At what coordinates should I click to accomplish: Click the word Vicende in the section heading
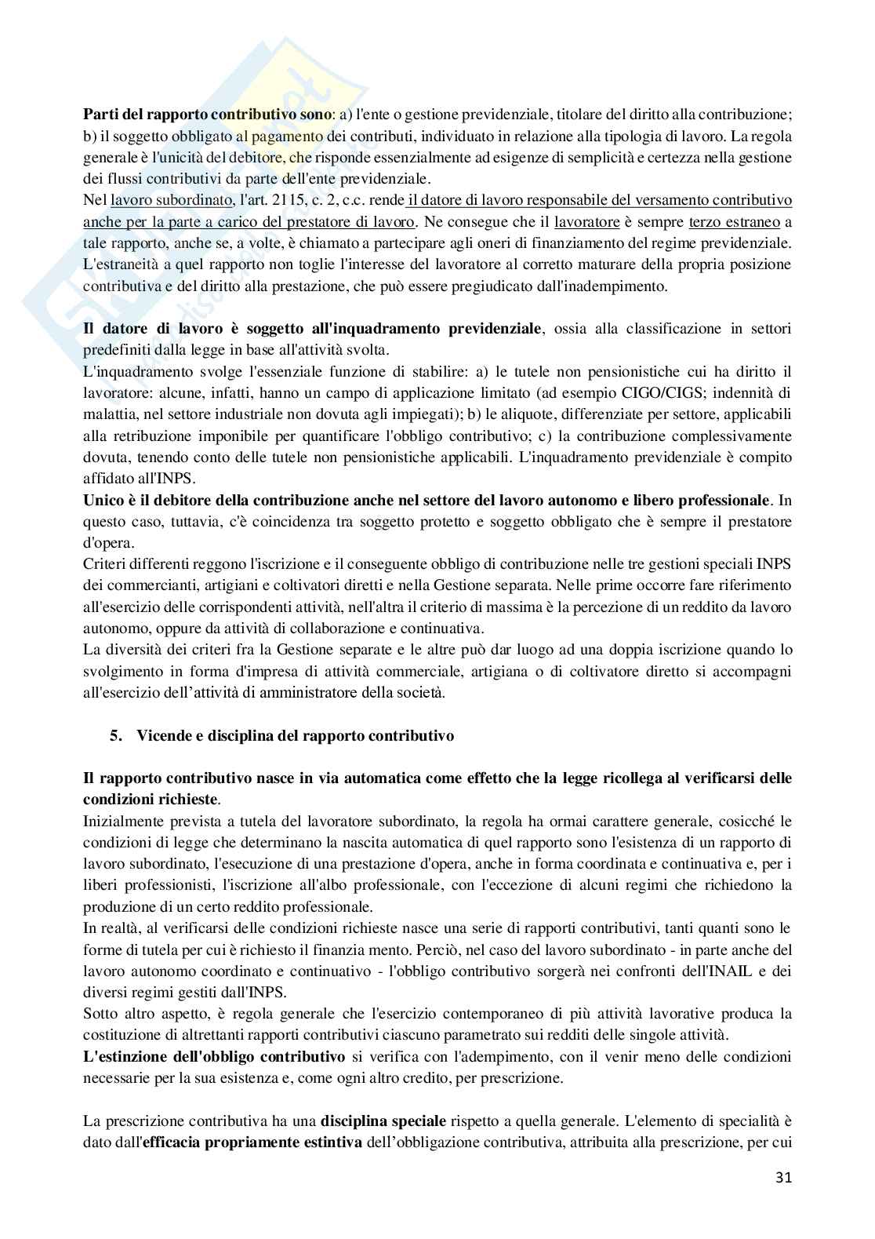pyautogui.click(x=162, y=736)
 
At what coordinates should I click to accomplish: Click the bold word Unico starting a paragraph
pyautogui.click(x=102, y=500)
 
